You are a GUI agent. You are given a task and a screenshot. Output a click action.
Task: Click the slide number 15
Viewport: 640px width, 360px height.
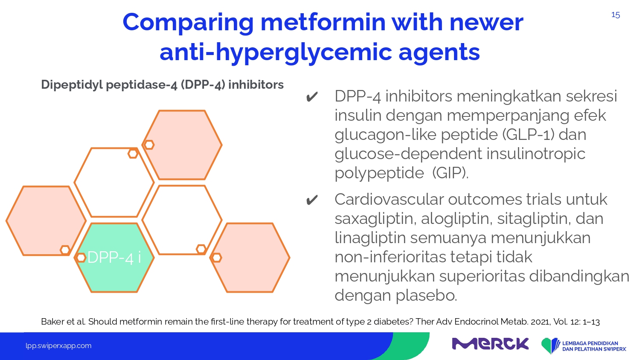tap(615, 15)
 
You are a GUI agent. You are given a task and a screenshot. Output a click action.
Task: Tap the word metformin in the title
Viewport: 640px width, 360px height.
tap(323, 22)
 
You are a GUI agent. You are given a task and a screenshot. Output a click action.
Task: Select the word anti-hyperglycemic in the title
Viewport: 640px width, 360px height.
tap(276, 52)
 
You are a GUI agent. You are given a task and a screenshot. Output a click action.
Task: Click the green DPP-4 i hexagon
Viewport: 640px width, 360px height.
tap(114, 258)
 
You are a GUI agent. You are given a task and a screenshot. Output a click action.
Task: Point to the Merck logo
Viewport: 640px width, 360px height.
tap(490, 343)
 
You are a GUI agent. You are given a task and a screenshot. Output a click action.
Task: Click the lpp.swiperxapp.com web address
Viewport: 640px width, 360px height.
tap(58, 346)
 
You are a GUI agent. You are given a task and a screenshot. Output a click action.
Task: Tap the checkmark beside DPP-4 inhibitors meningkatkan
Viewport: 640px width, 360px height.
tap(312, 97)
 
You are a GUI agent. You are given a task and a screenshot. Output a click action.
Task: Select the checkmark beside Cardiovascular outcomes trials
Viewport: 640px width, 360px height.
tap(312, 200)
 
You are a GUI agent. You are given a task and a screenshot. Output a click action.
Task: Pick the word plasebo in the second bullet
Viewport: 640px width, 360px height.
tap(426, 295)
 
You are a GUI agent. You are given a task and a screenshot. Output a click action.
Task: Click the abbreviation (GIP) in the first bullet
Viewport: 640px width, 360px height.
tap(450, 173)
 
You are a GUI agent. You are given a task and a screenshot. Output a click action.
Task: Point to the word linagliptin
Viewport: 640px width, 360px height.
tap(370, 238)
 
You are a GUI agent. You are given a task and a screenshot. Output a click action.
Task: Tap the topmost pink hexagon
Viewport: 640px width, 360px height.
tap(182, 145)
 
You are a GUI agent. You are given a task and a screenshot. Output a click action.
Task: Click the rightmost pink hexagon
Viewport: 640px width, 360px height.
tap(250, 258)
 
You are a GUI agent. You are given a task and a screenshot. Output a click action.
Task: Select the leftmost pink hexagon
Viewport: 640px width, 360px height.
tap(46, 221)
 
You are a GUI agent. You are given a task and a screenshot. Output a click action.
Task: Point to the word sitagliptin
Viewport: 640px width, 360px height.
tap(532, 219)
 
